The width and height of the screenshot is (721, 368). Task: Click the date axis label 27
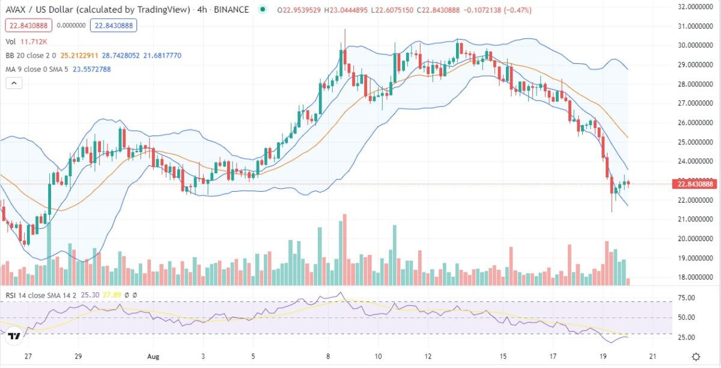click(28, 356)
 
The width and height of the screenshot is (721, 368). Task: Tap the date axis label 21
click(653, 356)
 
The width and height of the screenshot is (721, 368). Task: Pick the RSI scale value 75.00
click(686, 298)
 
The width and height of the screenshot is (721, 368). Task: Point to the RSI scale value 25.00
click(686, 337)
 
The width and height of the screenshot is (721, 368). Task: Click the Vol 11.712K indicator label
click(26, 41)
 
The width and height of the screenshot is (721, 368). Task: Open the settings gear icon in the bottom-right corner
click(695, 357)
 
